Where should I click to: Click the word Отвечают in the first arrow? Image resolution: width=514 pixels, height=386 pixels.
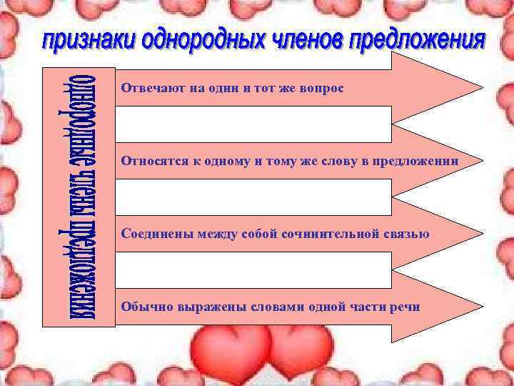pos(147,88)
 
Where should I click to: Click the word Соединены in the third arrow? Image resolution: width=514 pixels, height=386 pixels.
pos(152,233)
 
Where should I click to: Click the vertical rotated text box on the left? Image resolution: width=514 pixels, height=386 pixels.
pos(79,197)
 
